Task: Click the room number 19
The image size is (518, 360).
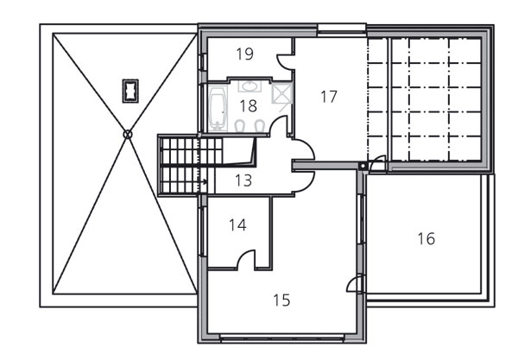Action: coord(245,54)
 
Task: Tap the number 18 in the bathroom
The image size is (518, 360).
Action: coord(248,106)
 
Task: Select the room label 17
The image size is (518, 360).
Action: coord(329,97)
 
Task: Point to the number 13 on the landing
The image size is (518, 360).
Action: coord(243,180)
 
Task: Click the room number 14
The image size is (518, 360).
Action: coord(237,225)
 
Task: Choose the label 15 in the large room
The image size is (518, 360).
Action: coord(281,300)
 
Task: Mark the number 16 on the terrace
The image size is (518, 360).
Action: coord(426,239)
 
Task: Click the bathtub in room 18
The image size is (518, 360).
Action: coord(218,108)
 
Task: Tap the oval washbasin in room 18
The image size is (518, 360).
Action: coord(250,86)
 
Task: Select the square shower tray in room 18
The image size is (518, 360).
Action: coord(281,93)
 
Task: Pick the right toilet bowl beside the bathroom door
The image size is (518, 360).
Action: coord(261,126)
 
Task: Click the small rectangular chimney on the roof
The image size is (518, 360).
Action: coord(130,91)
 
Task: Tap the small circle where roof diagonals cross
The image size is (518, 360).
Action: coord(128,135)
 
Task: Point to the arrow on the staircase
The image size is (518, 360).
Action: coord(203,181)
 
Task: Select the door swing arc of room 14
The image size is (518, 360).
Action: coord(243,255)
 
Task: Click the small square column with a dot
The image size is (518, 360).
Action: coord(363,166)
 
